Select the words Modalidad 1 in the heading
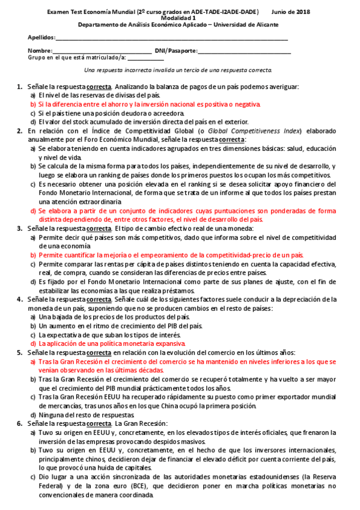tap(180, 18)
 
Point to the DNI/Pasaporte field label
tap(175, 51)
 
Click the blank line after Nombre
tap(102, 52)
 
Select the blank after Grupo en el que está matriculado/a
tap(145, 58)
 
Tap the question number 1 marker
tap(19, 87)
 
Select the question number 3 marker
tap(19, 229)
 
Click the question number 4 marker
tap(19, 300)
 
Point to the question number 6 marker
tap(19, 424)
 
